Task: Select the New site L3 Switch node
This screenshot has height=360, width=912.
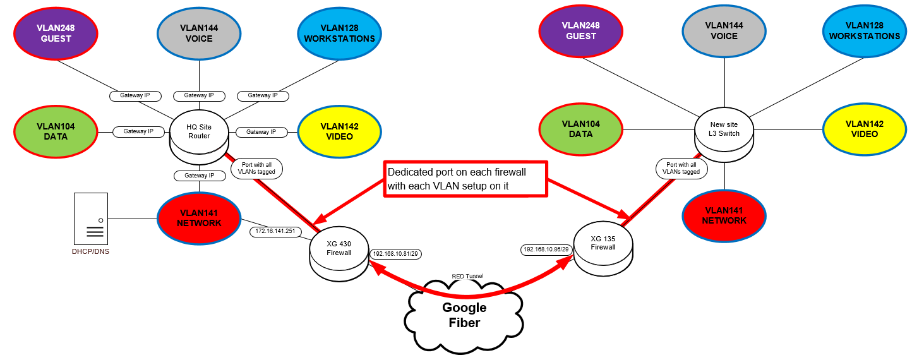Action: tap(724, 129)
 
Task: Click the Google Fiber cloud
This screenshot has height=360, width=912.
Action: tap(464, 315)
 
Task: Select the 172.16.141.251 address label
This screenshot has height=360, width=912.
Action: tap(275, 232)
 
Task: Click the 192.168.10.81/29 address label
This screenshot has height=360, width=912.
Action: tap(397, 253)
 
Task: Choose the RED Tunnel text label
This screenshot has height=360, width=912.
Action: tap(467, 276)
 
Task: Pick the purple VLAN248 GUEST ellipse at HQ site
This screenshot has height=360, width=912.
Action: tap(56, 33)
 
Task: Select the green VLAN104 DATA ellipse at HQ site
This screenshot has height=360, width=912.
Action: tap(55, 131)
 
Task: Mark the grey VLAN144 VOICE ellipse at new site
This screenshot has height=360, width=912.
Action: tap(724, 32)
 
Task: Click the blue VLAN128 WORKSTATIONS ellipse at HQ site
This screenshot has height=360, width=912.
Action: tap(339, 33)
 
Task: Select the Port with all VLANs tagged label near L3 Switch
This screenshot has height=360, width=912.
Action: tap(682, 168)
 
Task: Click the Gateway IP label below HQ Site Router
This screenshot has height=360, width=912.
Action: tap(199, 175)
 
